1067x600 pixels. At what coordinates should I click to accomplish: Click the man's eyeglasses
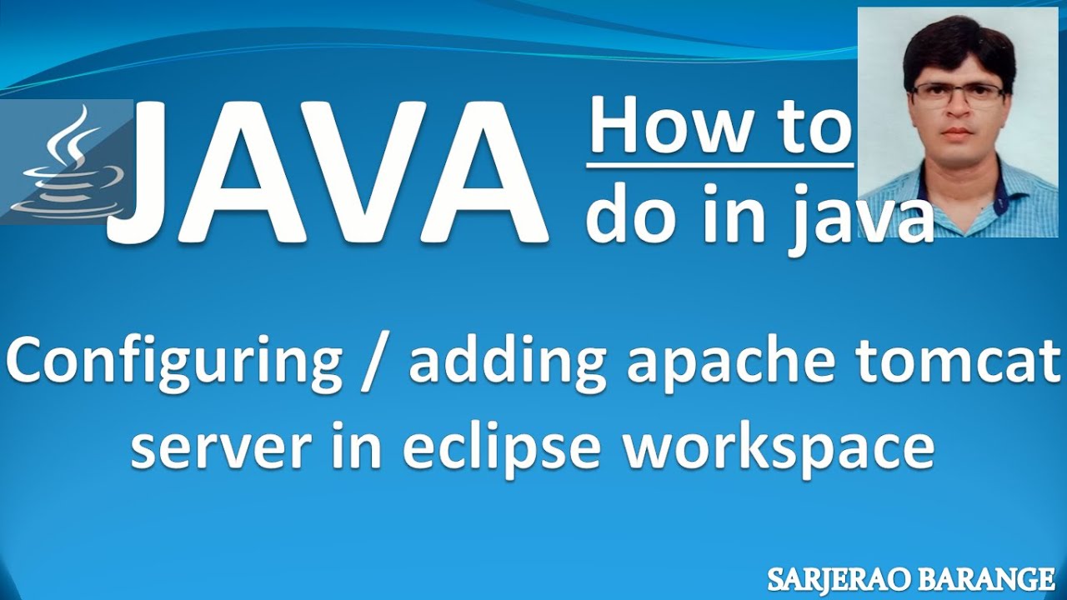tap(959, 93)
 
